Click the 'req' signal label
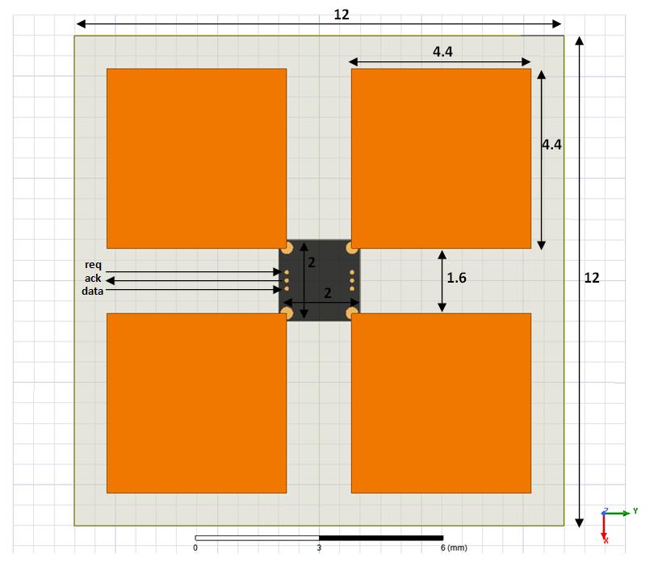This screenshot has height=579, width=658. coord(93,265)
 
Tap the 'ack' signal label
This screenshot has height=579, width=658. coord(93,279)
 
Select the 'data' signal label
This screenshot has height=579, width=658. coord(92,291)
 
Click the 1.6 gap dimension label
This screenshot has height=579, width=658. coord(457,278)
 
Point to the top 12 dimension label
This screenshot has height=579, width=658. coord(342,15)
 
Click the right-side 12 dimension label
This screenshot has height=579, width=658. coord(592,278)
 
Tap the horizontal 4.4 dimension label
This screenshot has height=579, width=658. coord(442,52)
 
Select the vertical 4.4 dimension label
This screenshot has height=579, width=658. coord(551,145)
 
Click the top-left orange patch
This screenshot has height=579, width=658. coord(196,158)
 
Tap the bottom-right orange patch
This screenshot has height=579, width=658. coord(441,403)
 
